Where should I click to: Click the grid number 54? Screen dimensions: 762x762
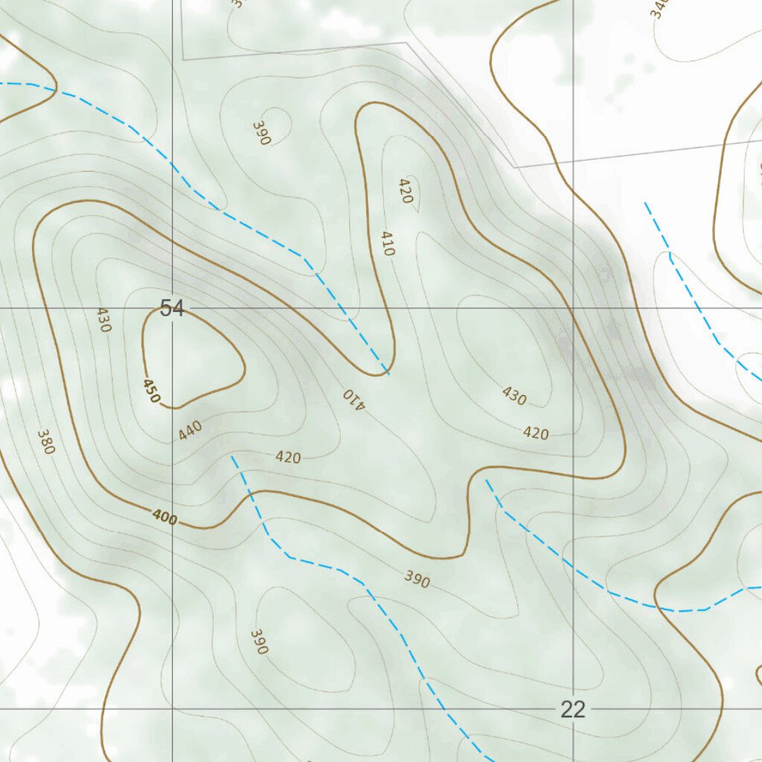point(172,308)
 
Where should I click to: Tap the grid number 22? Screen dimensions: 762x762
point(573,709)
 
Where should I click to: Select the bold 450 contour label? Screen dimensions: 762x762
point(151,391)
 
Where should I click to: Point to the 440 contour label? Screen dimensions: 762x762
point(190,430)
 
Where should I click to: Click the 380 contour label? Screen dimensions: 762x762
point(45,441)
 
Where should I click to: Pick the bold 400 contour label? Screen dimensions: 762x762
point(164,517)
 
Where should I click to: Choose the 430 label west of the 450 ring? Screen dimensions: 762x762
point(103,319)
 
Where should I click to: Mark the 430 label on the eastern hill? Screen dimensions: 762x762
point(514,396)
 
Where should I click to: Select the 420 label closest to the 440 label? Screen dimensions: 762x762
point(288,457)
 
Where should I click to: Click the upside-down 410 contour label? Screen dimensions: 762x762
point(354,398)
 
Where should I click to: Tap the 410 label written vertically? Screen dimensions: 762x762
point(387,243)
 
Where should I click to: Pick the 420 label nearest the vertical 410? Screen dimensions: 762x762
point(406,190)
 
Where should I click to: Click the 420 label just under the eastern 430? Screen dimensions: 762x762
point(536,432)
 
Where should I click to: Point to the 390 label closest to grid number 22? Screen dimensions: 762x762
point(417,578)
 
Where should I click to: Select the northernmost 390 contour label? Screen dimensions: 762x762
point(260,133)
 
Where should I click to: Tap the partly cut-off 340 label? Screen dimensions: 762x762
point(658,7)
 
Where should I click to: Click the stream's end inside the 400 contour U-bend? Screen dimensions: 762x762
point(388,373)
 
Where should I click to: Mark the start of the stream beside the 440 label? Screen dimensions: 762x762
point(233,456)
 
